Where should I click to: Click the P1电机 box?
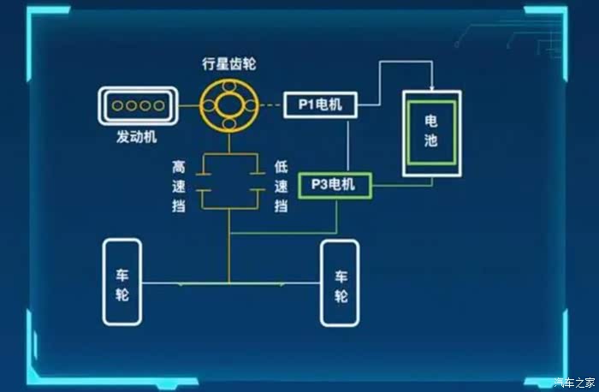pos(320,105)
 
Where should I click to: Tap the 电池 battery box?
pos(430,133)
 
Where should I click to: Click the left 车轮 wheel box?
pos(122,282)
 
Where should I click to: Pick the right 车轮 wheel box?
pos(340,283)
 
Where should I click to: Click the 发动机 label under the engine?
pos(137,137)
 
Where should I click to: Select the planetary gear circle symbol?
pos(228,104)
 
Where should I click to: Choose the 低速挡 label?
pos(280,187)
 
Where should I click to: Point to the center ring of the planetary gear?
pos(228,104)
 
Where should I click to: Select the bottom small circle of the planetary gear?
pos(228,127)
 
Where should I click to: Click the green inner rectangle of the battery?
pos(430,133)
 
